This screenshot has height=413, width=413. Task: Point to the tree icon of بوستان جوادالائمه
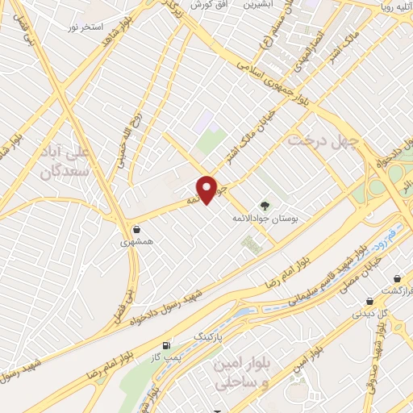(263, 206)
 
